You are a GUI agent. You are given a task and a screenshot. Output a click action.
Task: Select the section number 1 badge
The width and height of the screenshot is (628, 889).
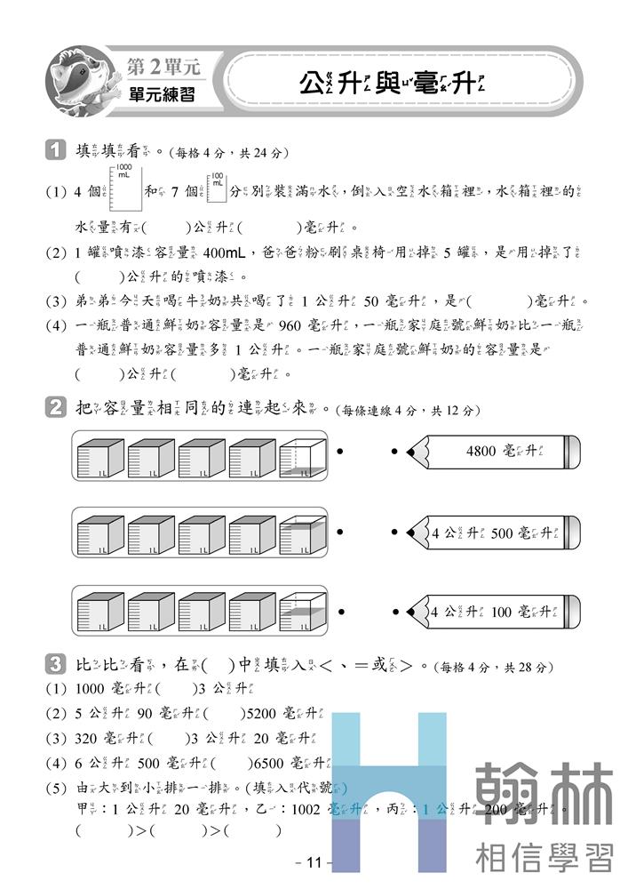click(55, 151)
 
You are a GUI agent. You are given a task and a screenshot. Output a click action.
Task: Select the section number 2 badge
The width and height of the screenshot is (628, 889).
click(55, 409)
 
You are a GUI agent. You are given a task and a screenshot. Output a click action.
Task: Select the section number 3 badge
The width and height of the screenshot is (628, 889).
click(55, 665)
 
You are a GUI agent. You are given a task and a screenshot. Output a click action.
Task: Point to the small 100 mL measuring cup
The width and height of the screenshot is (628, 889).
click(216, 185)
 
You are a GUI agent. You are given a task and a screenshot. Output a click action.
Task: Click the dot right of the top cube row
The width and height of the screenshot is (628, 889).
click(340, 453)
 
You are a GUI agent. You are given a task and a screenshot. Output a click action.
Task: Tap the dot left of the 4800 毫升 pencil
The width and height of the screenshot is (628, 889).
click(394, 453)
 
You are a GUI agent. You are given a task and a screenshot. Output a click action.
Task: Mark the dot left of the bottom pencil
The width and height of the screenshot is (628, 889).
click(394, 612)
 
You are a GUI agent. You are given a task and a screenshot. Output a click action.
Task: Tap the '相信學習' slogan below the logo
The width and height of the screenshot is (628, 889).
click(544, 857)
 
